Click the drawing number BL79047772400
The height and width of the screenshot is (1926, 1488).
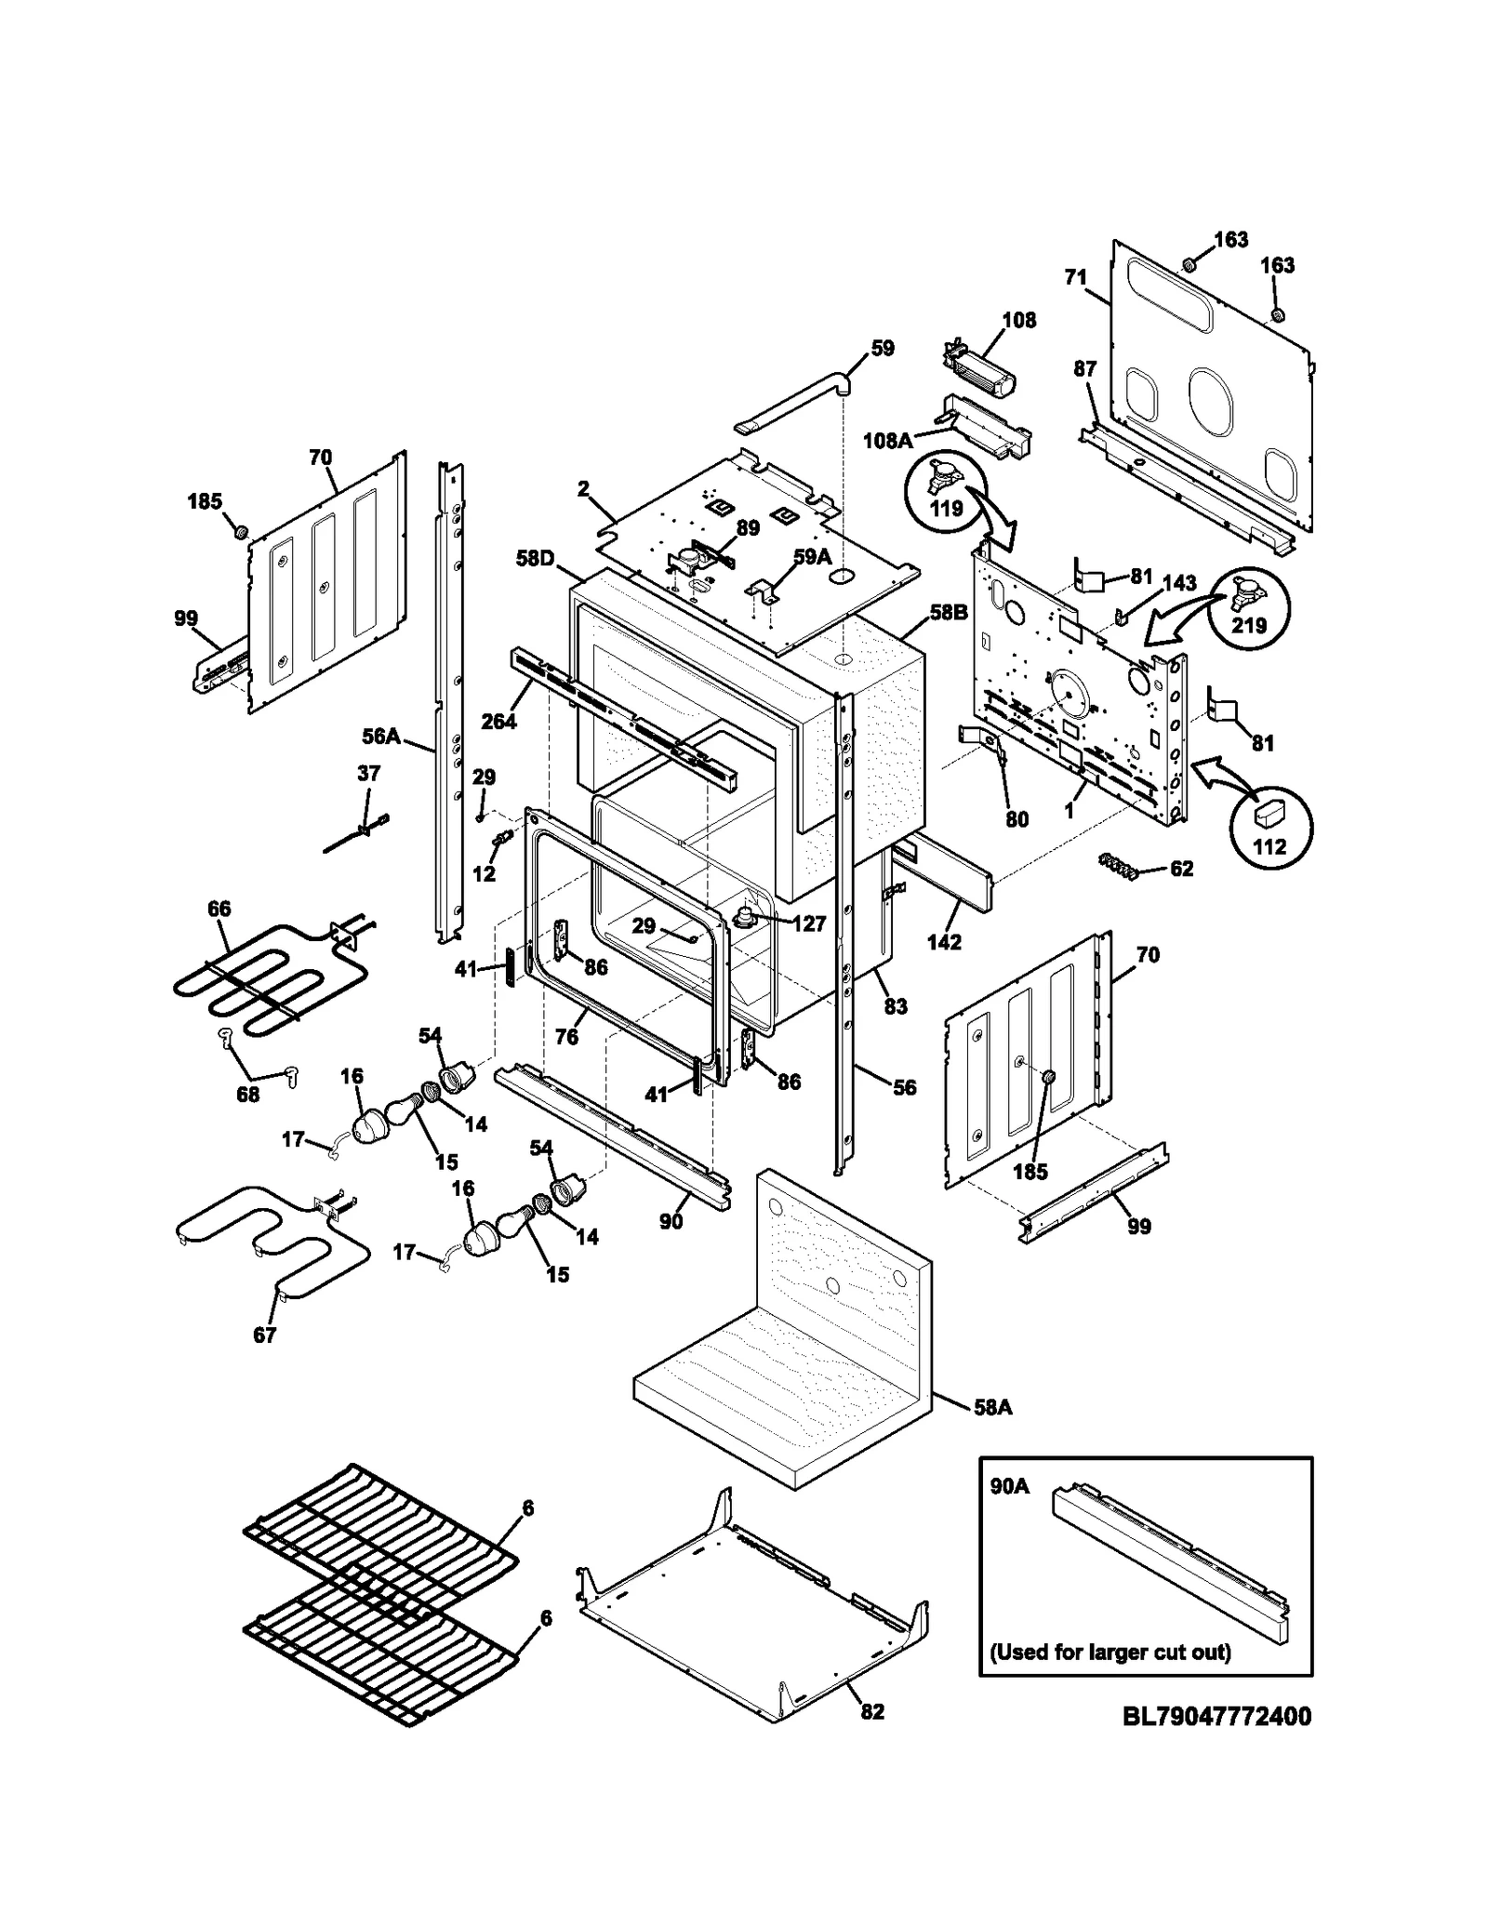[1216, 1716]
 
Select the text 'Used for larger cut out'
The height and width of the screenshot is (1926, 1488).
[1109, 1653]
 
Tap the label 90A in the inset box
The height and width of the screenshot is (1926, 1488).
[1009, 1486]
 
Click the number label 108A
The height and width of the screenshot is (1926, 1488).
[887, 441]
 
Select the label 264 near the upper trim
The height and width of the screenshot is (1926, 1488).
[498, 721]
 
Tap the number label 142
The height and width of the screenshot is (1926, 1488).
[944, 942]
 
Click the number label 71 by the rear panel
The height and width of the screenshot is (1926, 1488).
[1075, 276]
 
